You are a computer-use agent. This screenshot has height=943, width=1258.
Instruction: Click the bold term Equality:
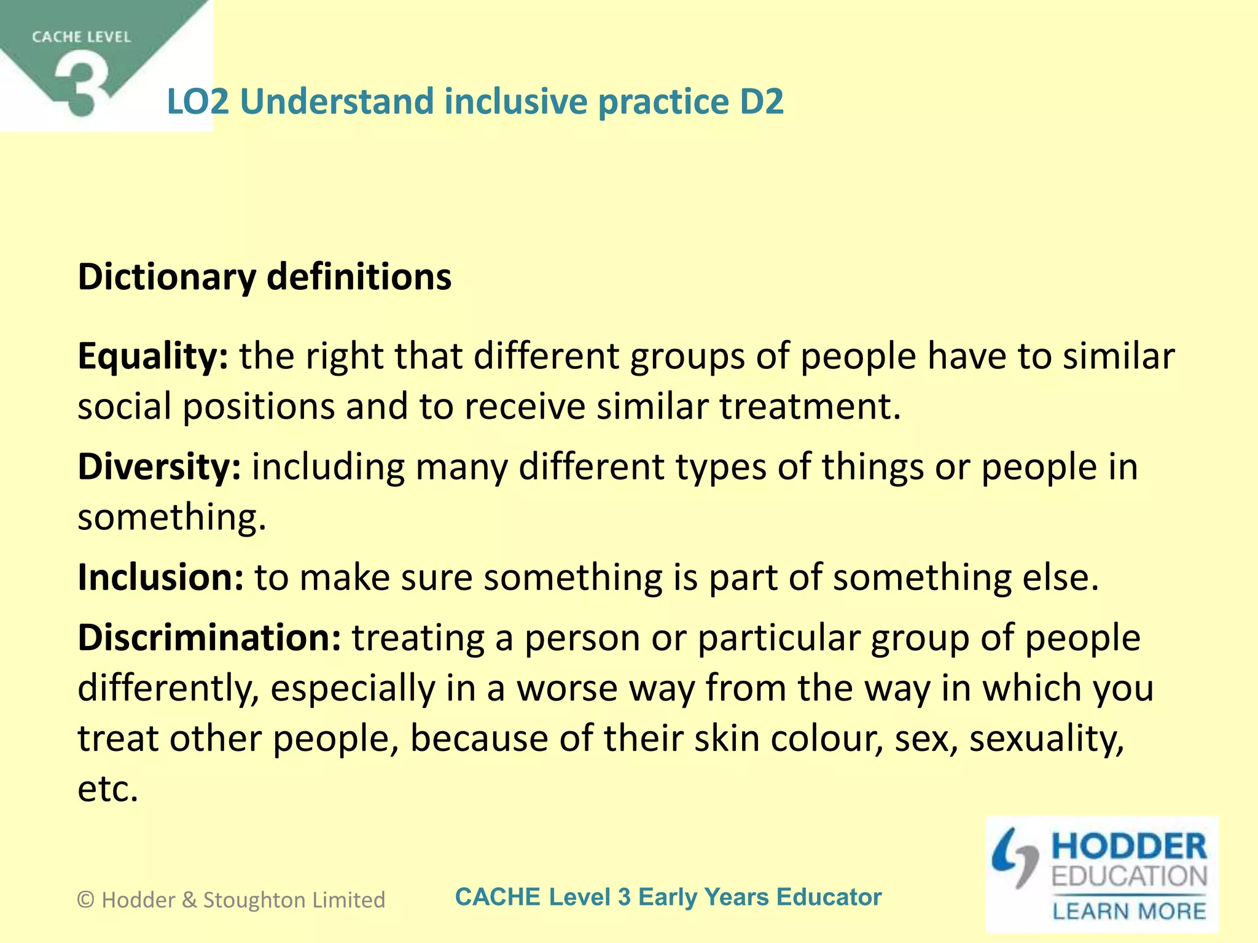153,357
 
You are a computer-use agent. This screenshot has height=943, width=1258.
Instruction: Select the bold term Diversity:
159,467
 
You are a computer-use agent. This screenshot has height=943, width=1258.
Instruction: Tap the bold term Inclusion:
160,578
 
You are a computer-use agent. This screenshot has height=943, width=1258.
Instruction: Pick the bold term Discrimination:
209,638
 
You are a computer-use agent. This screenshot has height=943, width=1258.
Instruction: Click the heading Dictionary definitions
265,277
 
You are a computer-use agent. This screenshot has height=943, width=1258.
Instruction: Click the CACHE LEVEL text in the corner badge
82,37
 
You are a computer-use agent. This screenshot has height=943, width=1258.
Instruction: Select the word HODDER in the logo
1129,847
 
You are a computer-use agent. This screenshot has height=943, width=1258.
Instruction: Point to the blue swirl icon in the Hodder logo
1014,857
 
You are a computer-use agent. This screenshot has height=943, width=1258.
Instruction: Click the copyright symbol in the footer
85,900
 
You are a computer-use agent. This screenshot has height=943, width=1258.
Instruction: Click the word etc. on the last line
107,789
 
